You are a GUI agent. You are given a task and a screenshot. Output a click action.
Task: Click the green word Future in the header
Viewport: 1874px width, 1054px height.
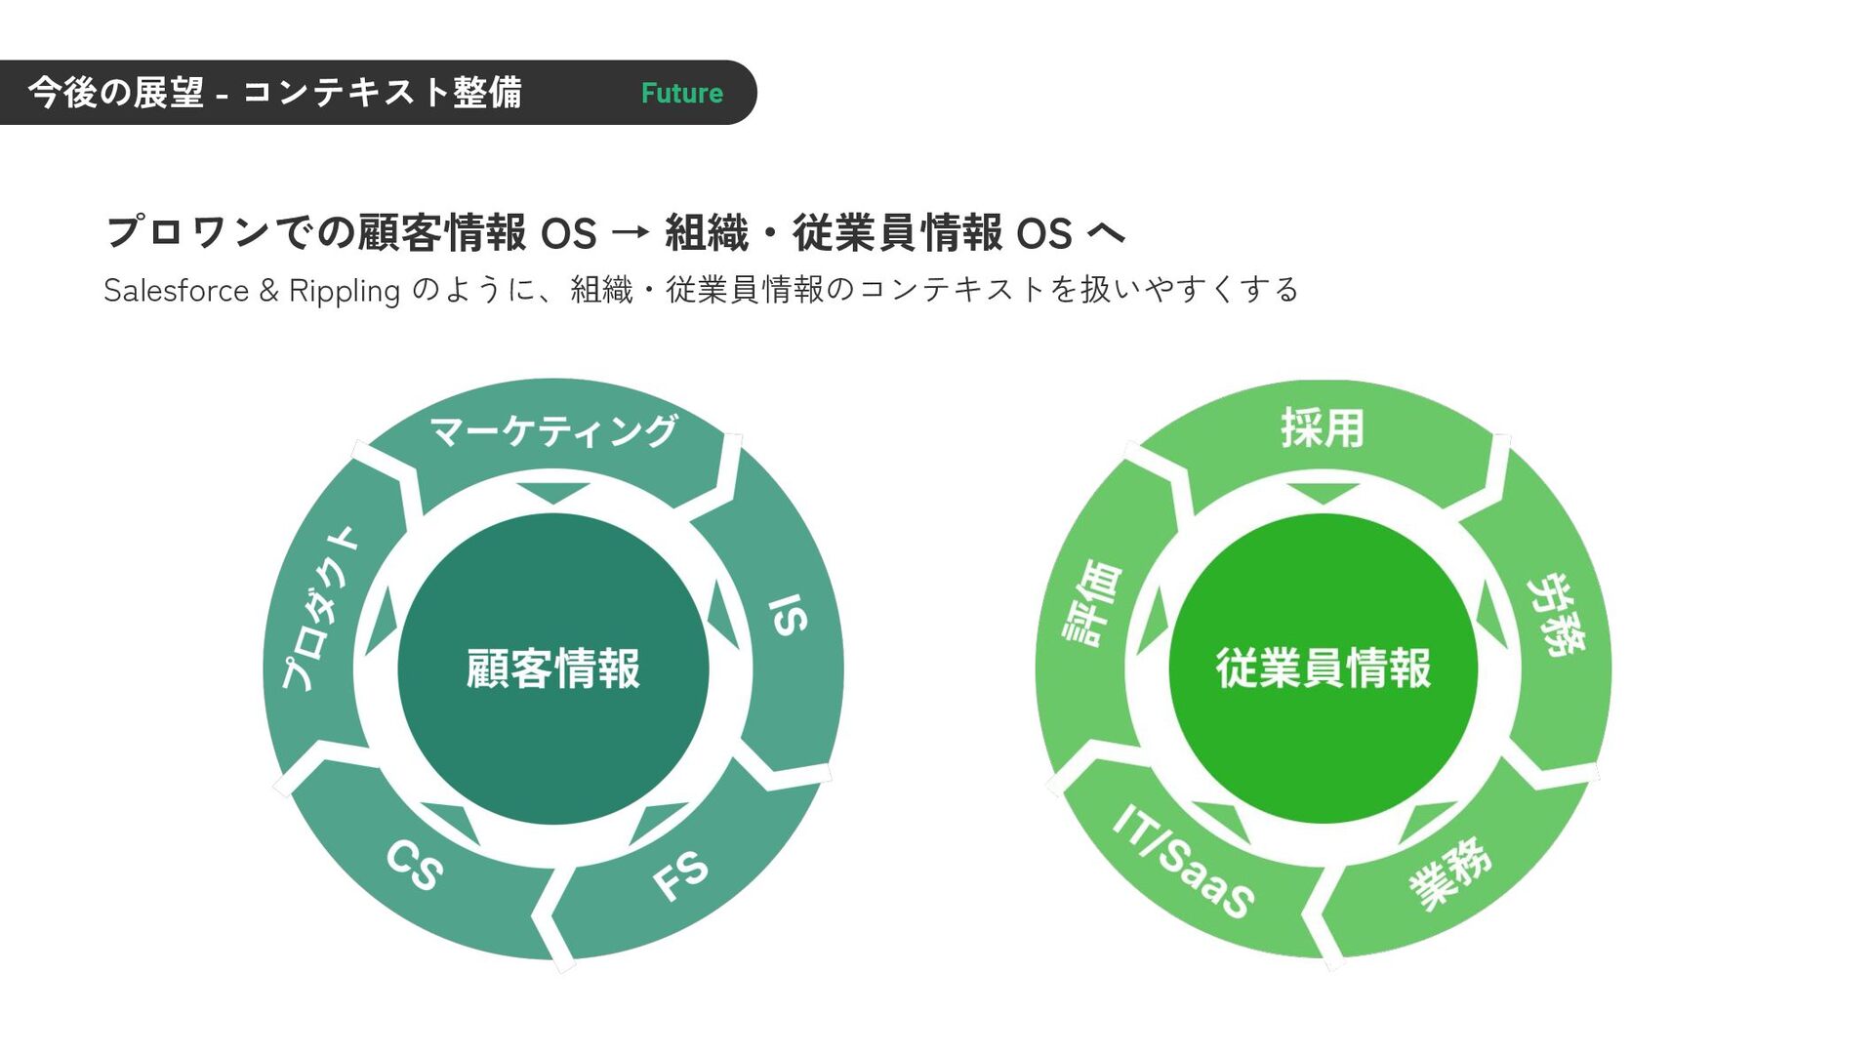click(x=681, y=94)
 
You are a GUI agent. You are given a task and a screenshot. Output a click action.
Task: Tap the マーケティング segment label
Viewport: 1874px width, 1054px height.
click(x=553, y=430)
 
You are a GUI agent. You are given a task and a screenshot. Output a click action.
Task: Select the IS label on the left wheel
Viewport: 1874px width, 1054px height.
click(x=788, y=615)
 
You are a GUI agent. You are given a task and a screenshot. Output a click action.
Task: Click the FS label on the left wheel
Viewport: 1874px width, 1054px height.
click(x=680, y=874)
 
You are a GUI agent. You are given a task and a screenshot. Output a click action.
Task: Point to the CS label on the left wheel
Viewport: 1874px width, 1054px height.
click(x=415, y=865)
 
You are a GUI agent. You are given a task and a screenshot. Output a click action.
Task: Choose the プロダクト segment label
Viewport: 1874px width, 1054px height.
click(x=320, y=609)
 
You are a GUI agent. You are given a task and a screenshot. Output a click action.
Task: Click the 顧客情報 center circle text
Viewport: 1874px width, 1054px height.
click(x=553, y=669)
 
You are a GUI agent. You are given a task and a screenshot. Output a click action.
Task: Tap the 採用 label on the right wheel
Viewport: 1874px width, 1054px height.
click(x=1323, y=428)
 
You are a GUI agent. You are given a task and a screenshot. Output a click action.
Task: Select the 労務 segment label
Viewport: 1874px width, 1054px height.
click(x=1556, y=615)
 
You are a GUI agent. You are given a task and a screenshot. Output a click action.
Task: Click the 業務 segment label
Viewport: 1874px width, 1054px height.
click(x=1450, y=872)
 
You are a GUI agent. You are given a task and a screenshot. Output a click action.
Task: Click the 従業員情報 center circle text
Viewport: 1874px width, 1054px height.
click(x=1324, y=669)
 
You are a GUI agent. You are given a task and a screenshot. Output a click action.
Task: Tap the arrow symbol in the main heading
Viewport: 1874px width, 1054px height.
click(x=631, y=233)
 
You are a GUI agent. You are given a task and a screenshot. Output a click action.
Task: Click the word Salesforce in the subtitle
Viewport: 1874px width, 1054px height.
click(x=177, y=291)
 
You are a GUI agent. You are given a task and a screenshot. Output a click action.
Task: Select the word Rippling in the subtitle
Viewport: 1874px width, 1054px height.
click(x=345, y=291)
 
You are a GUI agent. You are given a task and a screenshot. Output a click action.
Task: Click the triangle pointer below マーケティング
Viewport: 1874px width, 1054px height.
click(x=553, y=492)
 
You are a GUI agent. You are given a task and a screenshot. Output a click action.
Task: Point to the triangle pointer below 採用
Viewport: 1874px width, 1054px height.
click(x=1323, y=492)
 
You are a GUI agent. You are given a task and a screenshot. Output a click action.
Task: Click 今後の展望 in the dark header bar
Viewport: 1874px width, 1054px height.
click(x=116, y=93)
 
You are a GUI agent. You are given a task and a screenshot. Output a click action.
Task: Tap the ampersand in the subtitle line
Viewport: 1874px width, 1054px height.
click(x=269, y=291)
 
